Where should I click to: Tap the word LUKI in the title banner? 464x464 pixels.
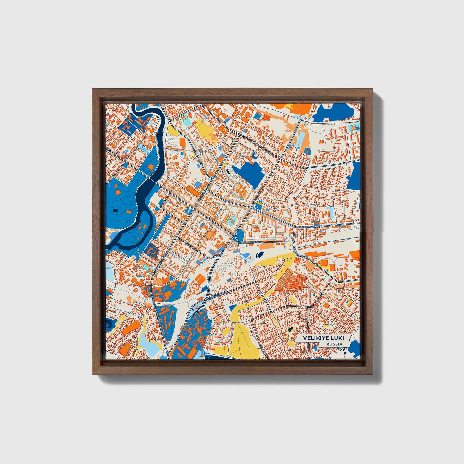click(335, 338)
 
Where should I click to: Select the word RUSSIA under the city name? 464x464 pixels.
click(334, 344)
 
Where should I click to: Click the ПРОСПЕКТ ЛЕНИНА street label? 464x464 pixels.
click(251, 242)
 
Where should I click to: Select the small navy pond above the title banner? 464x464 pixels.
click(291, 329)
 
